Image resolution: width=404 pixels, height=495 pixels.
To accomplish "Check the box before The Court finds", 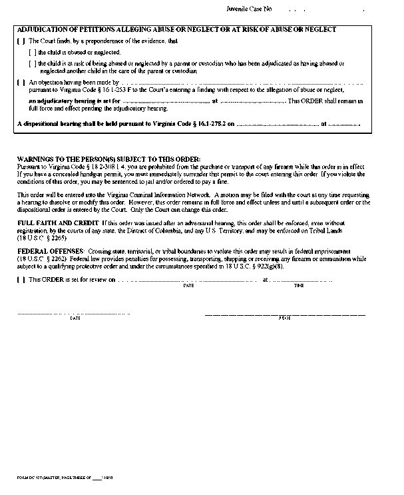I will (x=20, y=41).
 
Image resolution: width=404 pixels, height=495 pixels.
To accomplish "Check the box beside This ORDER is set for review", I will (x=20, y=280).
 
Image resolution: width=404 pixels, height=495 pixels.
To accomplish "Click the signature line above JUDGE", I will (x=284, y=313).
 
